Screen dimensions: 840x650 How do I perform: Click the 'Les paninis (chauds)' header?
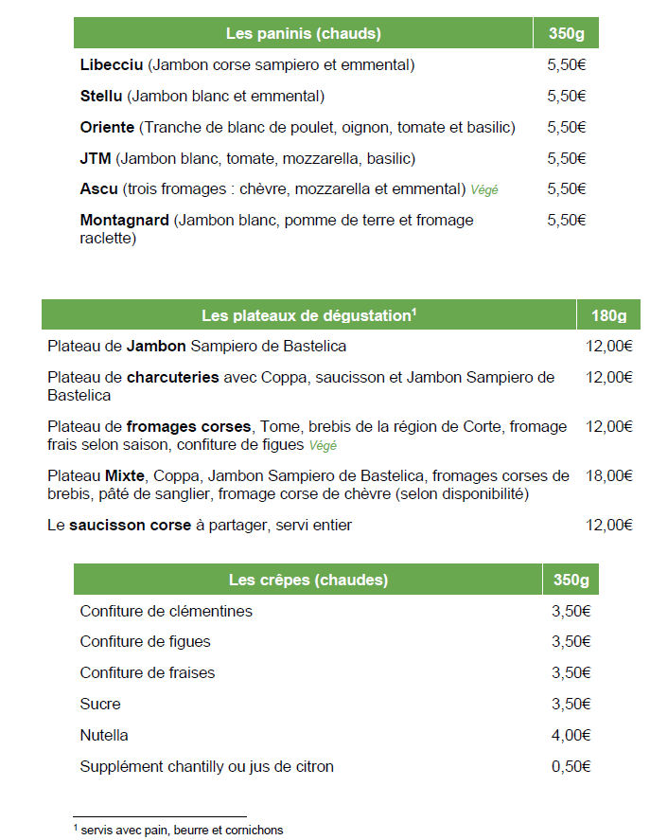[x=303, y=34]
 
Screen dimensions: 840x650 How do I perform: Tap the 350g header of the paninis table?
[x=566, y=34]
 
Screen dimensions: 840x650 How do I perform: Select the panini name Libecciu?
[x=112, y=65]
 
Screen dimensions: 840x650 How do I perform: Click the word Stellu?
[x=102, y=96]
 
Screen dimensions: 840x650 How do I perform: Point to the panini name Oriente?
[x=108, y=127]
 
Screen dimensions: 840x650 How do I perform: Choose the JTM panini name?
[x=97, y=158]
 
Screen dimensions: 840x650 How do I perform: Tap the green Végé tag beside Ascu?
[x=484, y=189]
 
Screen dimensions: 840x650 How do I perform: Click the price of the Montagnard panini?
[x=567, y=220]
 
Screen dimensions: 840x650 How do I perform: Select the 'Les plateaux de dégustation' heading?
[x=308, y=315]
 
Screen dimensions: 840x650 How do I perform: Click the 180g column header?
[x=609, y=315]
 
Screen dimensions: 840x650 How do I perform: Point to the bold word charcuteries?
[x=173, y=377]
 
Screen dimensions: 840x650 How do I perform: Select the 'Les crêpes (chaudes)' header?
[x=308, y=580]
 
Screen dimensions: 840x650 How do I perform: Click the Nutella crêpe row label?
[x=104, y=735]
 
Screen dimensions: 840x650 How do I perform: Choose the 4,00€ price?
[x=571, y=735]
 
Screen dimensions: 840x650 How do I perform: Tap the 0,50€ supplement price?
[x=571, y=766]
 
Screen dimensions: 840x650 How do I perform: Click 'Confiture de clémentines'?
[x=166, y=611]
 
